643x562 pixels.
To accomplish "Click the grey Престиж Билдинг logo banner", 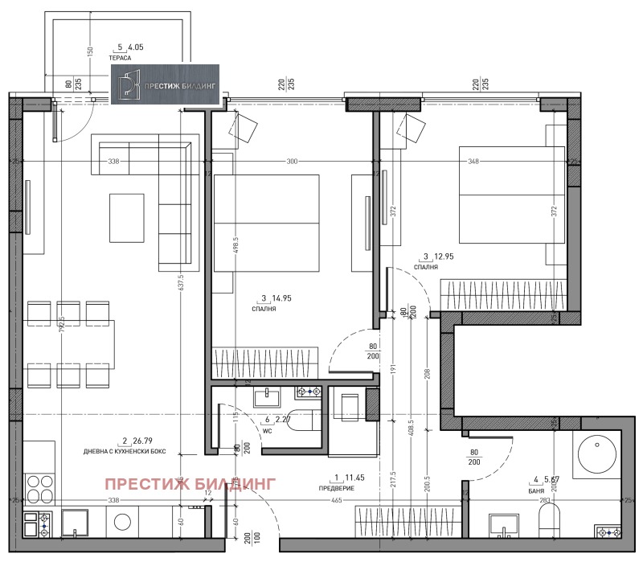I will click(x=166, y=84).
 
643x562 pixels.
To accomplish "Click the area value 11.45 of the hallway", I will click(x=353, y=478).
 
